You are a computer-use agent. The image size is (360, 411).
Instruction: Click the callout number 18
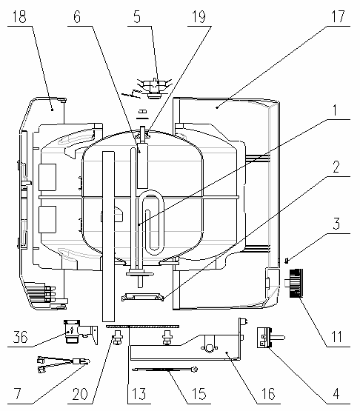coord(19,16)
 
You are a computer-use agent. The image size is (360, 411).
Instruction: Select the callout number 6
coord(77,16)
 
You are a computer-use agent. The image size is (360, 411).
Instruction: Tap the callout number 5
coord(137,16)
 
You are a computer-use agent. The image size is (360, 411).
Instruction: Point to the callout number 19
coord(199,16)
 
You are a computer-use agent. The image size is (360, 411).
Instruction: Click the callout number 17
coord(339,16)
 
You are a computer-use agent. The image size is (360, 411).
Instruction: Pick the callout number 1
coord(335,110)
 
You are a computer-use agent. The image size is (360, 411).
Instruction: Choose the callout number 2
coord(336,167)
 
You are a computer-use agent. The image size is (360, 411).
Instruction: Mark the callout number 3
coord(336,224)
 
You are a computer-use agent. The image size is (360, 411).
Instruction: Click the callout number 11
coord(336,336)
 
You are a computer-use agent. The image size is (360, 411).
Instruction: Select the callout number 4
coord(336,393)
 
